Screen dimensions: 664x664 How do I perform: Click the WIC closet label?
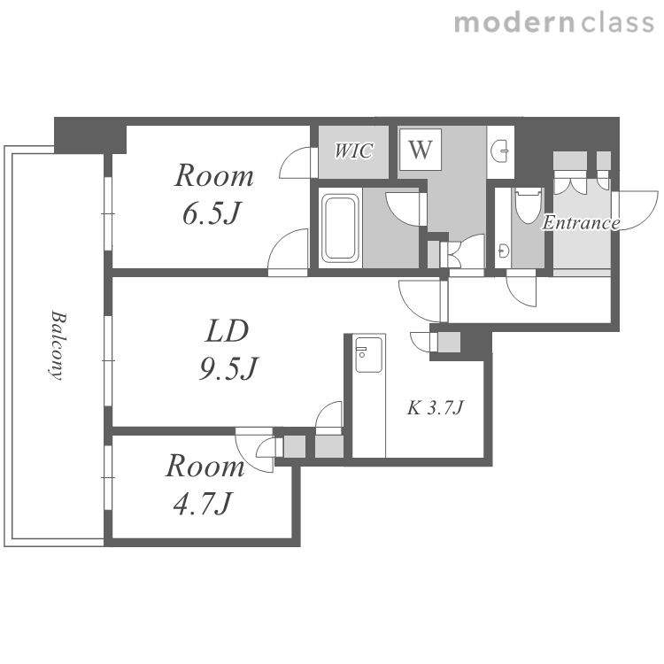click(353, 151)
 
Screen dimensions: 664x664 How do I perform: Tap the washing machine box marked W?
click(420, 150)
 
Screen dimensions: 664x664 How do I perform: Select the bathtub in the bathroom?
click(340, 228)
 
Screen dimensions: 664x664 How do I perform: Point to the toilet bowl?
click(528, 205)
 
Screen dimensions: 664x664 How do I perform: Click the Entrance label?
click(581, 223)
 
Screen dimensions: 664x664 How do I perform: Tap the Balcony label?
click(58, 345)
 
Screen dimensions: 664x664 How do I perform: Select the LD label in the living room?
click(227, 331)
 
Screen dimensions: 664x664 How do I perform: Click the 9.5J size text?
click(228, 368)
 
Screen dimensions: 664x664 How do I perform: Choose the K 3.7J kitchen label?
click(436, 408)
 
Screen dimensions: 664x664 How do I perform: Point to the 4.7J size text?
click(203, 503)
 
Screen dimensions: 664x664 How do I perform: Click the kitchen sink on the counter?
click(368, 354)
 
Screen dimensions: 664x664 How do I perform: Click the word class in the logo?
click(617, 23)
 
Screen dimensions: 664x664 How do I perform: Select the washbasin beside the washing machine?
click(500, 151)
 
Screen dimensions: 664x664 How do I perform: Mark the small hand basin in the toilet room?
click(503, 251)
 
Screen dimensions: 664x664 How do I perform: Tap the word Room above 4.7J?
click(205, 467)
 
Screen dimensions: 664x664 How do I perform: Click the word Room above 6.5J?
click(214, 175)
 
